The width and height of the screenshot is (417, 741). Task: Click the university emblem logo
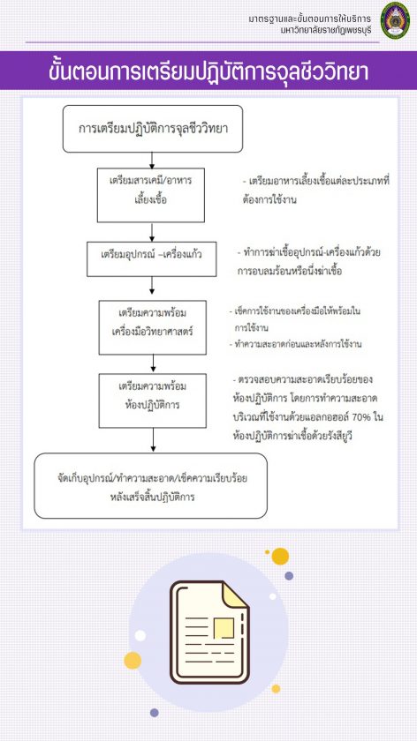click(x=396, y=20)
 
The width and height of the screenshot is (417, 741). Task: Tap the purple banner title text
click(x=208, y=71)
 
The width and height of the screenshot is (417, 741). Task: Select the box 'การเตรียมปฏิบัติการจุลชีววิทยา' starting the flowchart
click(x=153, y=129)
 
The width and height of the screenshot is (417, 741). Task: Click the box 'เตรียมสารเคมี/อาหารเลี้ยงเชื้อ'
click(x=151, y=195)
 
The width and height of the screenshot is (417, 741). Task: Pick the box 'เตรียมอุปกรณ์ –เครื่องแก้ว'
click(x=151, y=259)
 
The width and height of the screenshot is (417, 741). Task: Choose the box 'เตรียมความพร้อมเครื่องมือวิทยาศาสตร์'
click(x=153, y=327)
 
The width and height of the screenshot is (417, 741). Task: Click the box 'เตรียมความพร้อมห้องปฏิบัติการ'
click(x=153, y=400)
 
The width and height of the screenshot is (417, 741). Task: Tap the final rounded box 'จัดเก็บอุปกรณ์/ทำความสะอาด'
click(x=150, y=486)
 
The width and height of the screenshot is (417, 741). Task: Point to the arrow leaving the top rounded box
click(x=152, y=161)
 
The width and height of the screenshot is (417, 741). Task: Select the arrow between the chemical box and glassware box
click(x=152, y=232)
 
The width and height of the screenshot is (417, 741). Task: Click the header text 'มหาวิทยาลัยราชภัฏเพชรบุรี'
click(x=326, y=29)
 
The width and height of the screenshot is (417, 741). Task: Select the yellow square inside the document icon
click(x=224, y=629)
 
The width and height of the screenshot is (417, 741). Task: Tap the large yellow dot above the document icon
click(x=280, y=557)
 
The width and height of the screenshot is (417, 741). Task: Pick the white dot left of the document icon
click(x=140, y=636)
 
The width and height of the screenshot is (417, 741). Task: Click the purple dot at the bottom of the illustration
click(x=155, y=712)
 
